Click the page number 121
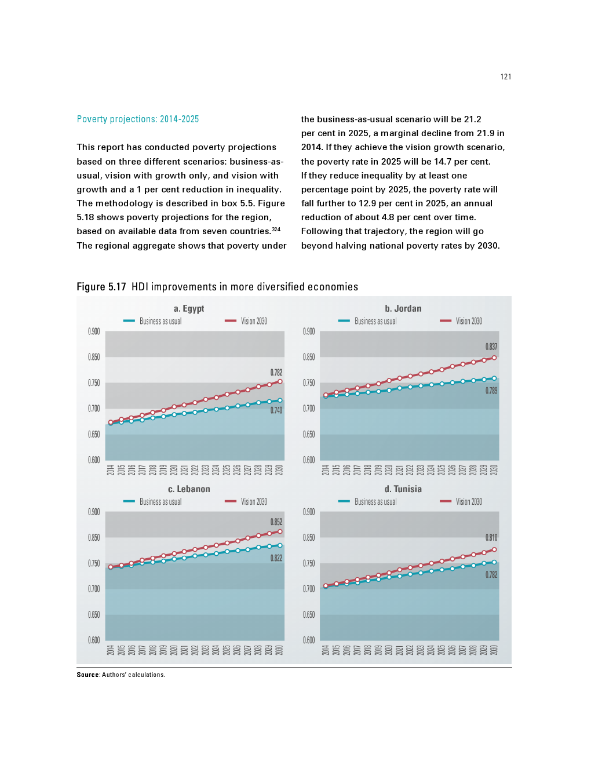[506, 76]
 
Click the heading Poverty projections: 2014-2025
[138, 119]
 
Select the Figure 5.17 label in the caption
[101, 287]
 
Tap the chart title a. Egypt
[189, 308]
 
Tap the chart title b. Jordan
[403, 308]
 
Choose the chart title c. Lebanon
[189, 489]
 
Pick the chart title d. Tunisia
[403, 489]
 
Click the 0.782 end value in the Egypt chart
[276, 373]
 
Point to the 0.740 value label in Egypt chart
[276, 410]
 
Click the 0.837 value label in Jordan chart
[491, 347]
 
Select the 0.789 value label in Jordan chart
[491, 391]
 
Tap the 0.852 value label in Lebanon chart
[276, 522]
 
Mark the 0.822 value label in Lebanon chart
[276, 558]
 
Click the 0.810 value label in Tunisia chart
[491, 537]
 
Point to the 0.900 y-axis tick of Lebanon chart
[94, 512]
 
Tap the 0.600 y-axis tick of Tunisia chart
[309, 640]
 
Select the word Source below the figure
[88, 675]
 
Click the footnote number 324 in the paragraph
[276, 230]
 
